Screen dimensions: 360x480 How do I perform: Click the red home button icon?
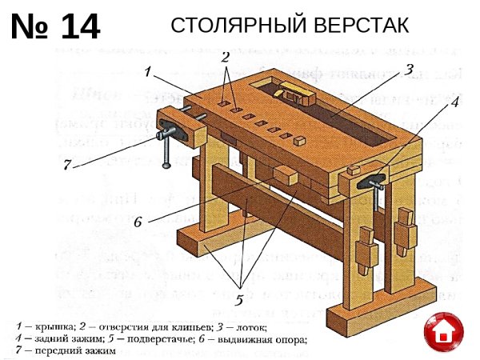(x=444, y=331)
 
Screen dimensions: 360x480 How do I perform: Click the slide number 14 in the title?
(x=79, y=27)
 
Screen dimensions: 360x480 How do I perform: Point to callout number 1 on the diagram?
(x=149, y=71)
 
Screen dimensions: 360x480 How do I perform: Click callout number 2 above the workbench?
(x=226, y=58)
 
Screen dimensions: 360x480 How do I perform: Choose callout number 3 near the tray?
(x=408, y=70)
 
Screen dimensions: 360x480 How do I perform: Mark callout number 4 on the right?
(x=453, y=102)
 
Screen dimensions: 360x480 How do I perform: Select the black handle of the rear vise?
(x=373, y=183)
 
